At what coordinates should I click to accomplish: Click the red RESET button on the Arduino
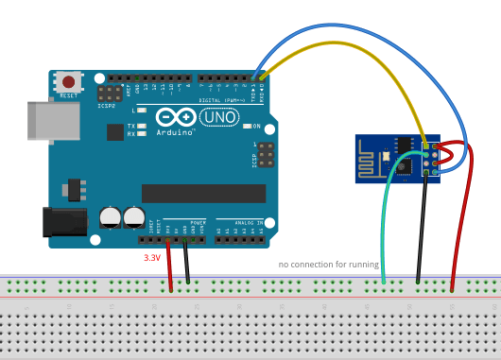point(68,82)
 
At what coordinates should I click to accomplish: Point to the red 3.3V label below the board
point(151,256)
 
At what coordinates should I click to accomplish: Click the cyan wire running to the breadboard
point(385,227)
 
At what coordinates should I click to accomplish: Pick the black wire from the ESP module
point(423,227)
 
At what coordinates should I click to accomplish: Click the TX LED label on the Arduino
point(133,126)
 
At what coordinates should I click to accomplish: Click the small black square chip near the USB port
point(115,131)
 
